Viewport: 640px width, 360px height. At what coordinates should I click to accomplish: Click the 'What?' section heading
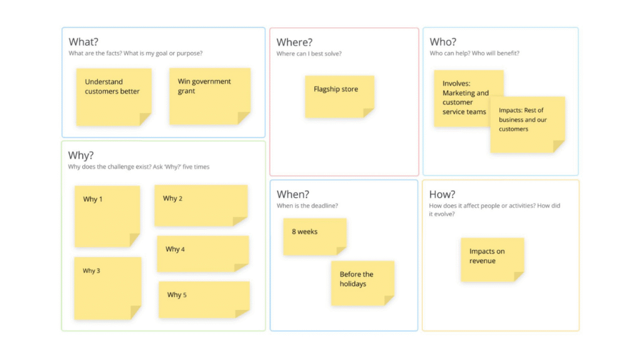[83, 42]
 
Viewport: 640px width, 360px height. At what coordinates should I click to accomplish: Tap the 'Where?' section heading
[294, 42]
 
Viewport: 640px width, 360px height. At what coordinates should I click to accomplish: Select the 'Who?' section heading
[443, 42]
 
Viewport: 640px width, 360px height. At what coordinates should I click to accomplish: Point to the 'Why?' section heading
[81, 155]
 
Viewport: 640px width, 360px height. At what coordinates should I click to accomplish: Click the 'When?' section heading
[293, 194]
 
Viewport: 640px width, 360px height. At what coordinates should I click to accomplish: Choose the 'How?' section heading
[442, 194]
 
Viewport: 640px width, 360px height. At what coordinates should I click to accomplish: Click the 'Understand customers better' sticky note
[114, 97]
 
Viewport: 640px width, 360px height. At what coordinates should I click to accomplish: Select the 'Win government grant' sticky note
[210, 96]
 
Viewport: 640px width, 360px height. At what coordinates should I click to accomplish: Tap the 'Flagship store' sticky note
[339, 97]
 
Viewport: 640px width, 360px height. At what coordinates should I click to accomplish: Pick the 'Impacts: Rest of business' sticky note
[527, 125]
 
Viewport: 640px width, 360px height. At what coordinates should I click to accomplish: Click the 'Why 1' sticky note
[107, 216]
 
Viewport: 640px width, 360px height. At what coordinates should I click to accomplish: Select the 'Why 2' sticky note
[201, 206]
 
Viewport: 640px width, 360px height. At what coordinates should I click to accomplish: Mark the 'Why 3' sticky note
[107, 288]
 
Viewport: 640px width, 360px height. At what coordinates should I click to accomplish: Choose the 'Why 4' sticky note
[203, 254]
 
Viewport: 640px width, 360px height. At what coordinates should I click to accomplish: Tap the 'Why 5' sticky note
[204, 299]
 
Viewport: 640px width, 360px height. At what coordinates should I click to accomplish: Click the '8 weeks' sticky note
[315, 237]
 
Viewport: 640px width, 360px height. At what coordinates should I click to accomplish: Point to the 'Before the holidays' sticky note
[363, 283]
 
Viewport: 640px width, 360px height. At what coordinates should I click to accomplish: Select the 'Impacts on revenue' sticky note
[492, 260]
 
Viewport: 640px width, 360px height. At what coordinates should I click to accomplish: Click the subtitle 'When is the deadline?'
[307, 206]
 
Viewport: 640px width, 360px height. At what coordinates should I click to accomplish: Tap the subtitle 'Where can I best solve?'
[309, 54]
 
